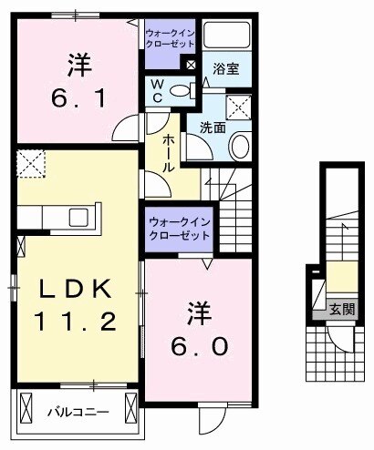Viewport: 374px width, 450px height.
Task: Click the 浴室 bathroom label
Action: tap(227, 68)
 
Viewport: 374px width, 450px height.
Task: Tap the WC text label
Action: tap(157, 91)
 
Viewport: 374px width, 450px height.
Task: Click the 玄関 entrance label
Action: tap(342, 308)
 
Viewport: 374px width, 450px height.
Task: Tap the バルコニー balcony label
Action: tap(79, 412)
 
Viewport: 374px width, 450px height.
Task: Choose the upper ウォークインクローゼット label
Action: tap(169, 38)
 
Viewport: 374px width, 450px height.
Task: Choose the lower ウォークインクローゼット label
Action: tap(179, 227)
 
